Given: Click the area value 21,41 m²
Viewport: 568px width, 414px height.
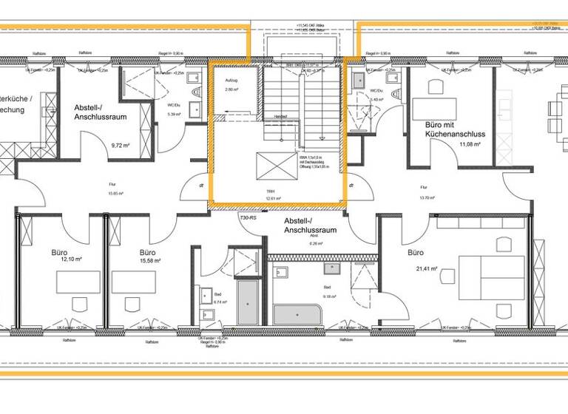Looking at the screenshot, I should [427, 268].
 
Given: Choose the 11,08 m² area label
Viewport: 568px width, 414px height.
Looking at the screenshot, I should [470, 146].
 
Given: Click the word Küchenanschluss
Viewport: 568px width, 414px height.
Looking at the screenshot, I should [455, 135].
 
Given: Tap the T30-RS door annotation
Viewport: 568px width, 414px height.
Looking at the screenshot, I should [248, 218].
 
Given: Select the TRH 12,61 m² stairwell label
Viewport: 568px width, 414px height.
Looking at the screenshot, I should [275, 196].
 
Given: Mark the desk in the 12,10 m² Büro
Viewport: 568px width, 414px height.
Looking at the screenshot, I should [79, 282].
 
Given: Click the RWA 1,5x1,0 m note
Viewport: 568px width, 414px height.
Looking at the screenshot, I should [310, 157].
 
